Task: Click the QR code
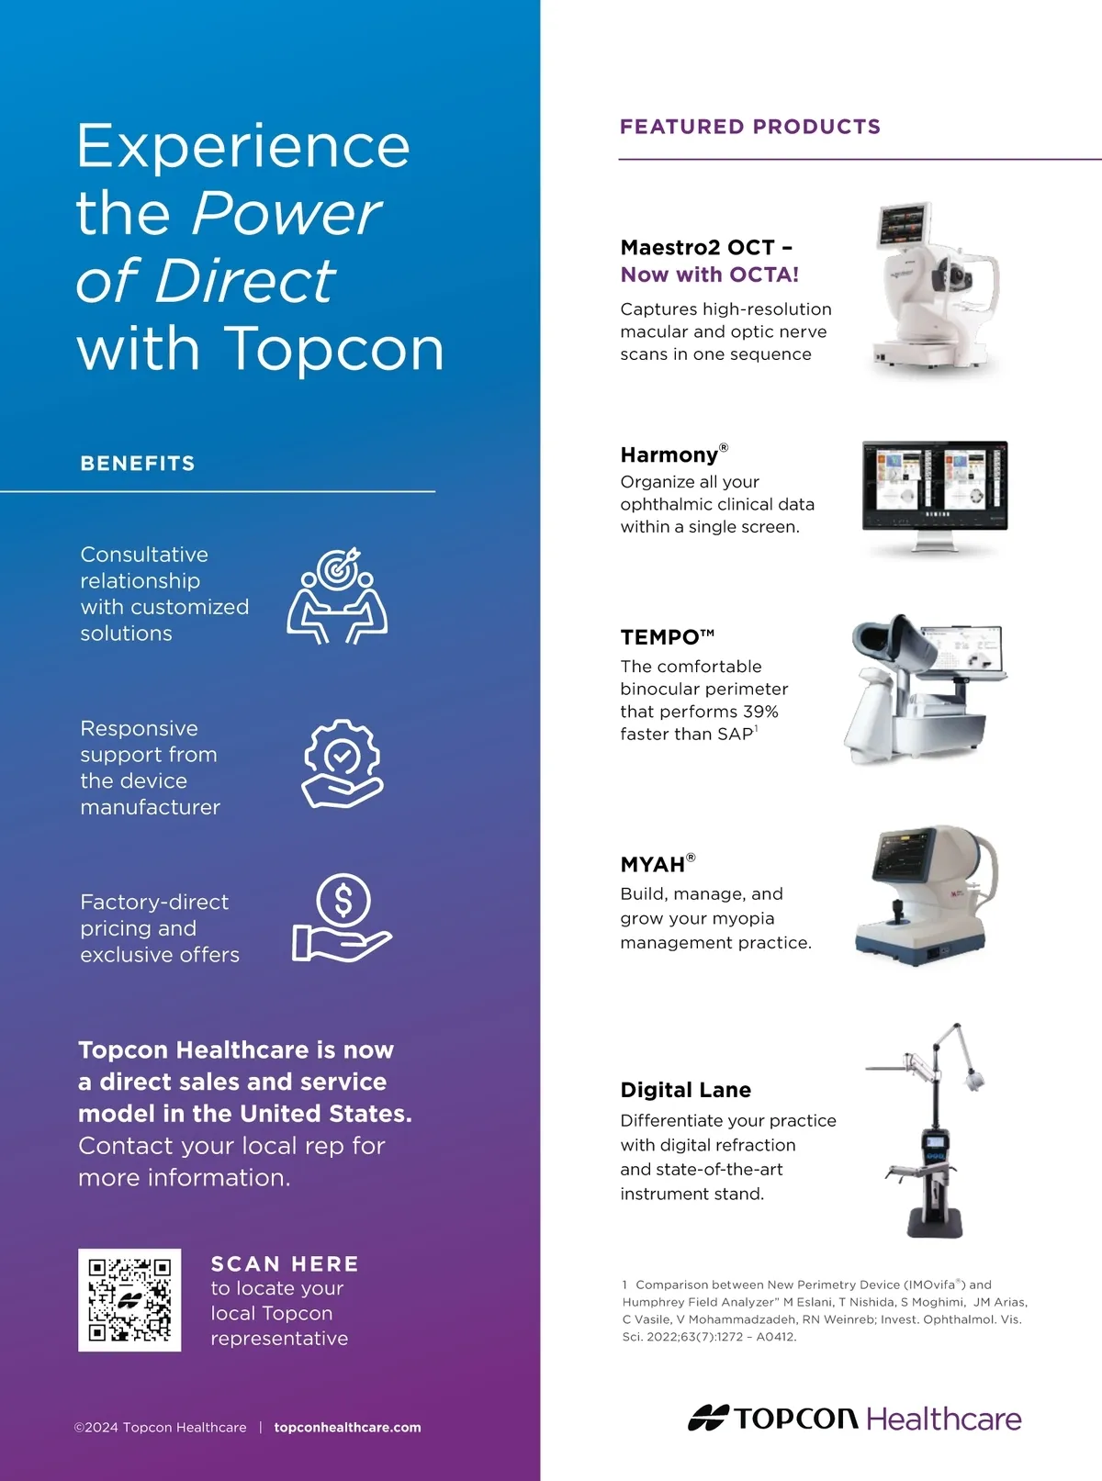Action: [x=129, y=1299]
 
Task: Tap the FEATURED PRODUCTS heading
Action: [x=750, y=126]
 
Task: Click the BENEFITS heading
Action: [x=138, y=464]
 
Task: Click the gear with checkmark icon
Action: [x=343, y=763]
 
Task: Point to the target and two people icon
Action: [x=337, y=596]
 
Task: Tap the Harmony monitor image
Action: [x=935, y=496]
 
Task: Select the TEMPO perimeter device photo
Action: [x=925, y=689]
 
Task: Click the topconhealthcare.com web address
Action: [x=347, y=1427]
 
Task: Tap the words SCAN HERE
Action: [x=285, y=1263]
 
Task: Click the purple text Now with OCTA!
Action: [x=709, y=275]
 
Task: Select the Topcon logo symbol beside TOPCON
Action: [x=708, y=1419]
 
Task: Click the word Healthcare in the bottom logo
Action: [x=944, y=1419]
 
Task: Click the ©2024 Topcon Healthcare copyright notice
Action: [x=161, y=1428]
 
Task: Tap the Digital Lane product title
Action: [x=685, y=1091]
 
